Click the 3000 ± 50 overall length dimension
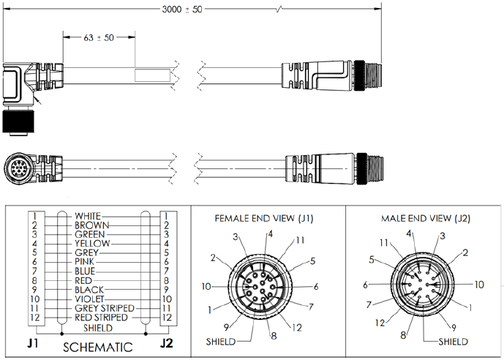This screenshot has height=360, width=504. click(x=182, y=10)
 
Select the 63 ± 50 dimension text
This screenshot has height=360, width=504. click(x=99, y=37)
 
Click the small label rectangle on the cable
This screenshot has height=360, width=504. click(x=152, y=75)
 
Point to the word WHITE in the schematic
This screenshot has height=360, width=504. click(x=88, y=216)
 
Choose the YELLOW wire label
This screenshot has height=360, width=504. click(x=92, y=244)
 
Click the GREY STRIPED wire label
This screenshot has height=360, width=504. click(x=105, y=308)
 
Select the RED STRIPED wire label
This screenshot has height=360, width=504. click(x=101, y=318)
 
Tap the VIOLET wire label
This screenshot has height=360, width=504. click(x=90, y=299)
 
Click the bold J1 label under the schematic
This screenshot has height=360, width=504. click(x=33, y=343)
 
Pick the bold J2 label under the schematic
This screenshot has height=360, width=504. click(x=166, y=343)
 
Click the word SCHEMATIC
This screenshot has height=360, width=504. click(x=98, y=347)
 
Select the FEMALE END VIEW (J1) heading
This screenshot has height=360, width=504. click(x=264, y=219)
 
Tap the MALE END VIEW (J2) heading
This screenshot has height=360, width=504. click(x=426, y=219)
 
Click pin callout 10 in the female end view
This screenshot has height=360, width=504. click(x=206, y=286)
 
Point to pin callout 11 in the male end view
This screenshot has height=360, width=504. click(x=384, y=243)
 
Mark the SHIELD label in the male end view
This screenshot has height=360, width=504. click(x=454, y=342)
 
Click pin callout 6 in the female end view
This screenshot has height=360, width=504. click(x=316, y=286)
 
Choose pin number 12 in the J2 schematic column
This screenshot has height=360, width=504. click(x=167, y=318)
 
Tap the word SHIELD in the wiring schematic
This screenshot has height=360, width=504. click(x=98, y=328)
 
